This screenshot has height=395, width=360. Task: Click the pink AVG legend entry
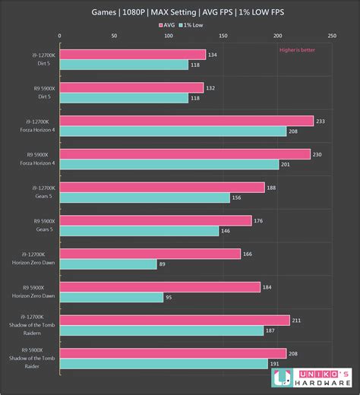tap(167, 24)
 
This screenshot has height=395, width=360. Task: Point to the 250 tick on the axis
tap(331, 36)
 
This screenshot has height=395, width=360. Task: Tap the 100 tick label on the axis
tap(168, 36)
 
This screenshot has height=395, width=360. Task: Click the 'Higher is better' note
tap(298, 49)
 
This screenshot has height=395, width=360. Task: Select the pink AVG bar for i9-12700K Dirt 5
tap(132, 55)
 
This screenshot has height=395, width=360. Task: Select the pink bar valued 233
tap(186, 121)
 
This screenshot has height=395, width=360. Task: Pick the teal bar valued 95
tap(111, 298)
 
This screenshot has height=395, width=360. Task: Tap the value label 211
tap(296, 320)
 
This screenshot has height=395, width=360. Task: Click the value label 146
tap(226, 231)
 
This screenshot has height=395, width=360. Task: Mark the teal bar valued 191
tap(163, 364)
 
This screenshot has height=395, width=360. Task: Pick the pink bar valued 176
tap(155, 220)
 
